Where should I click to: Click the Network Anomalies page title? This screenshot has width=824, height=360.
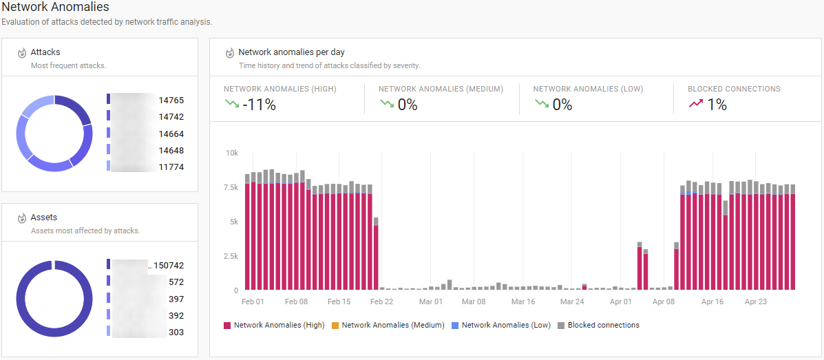click(56, 8)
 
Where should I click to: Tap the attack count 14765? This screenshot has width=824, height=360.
click(171, 100)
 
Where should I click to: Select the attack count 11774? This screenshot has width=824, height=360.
click(171, 167)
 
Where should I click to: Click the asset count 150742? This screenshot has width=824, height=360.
click(169, 266)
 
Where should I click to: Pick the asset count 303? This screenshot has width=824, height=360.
click(176, 332)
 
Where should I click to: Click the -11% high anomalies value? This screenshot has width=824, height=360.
click(260, 105)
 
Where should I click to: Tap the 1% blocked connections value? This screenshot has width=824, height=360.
click(717, 105)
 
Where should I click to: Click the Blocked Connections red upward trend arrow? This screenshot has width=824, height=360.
click(696, 104)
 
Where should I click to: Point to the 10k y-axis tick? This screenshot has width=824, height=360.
click(232, 153)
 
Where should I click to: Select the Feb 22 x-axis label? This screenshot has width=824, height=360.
click(381, 301)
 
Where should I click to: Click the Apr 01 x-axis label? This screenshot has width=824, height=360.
click(621, 301)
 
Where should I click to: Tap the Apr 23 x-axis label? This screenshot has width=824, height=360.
click(756, 301)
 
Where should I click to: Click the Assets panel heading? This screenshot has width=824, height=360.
click(44, 218)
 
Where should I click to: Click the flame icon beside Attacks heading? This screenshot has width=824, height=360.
click(21, 53)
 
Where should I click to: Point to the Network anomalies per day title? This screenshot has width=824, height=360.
click(291, 52)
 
